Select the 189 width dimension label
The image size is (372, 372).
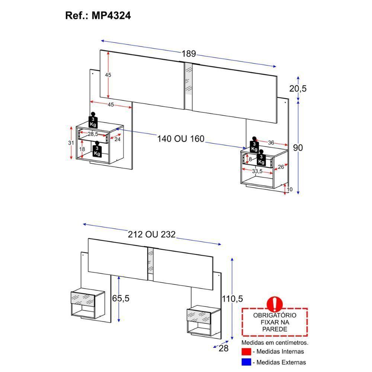(x=189, y=54)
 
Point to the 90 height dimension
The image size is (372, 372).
(x=298, y=148)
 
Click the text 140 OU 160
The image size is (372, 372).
(x=181, y=139)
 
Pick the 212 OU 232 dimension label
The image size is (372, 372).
(x=151, y=235)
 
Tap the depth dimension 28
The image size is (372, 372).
(x=223, y=348)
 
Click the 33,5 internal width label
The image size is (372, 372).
(x=257, y=171)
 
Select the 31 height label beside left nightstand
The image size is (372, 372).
(x=66, y=143)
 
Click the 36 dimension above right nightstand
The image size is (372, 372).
(x=271, y=142)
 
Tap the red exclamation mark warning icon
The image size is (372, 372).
(x=275, y=304)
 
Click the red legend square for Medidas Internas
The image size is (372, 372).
(x=246, y=352)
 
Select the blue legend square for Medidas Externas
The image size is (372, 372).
(x=246, y=362)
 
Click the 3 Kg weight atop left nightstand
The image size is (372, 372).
(x=93, y=120)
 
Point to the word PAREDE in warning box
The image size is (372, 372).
(x=275, y=329)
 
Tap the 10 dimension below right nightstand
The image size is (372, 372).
(x=290, y=189)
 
